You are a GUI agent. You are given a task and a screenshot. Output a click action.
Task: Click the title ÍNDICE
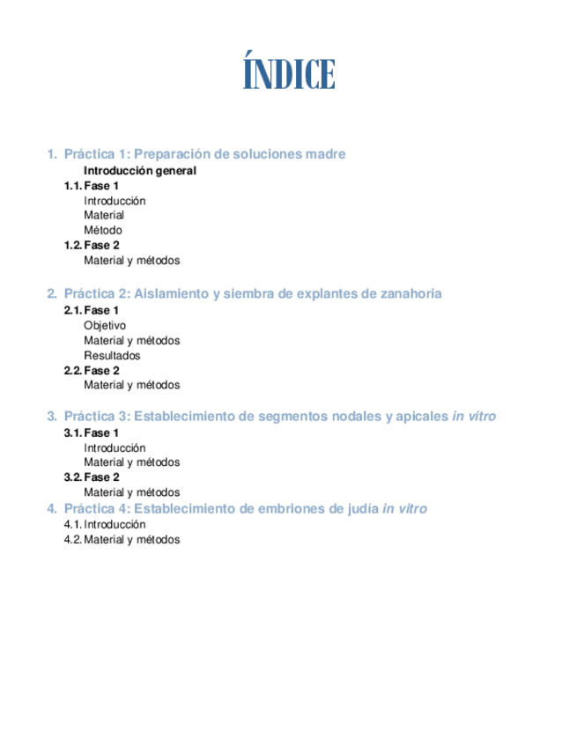point(288,75)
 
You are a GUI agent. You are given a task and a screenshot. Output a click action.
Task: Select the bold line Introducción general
point(139,171)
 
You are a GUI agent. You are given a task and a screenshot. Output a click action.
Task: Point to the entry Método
point(103,231)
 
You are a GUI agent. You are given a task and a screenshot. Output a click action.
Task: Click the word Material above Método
point(104,215)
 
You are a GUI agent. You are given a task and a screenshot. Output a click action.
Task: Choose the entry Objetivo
point(105,326)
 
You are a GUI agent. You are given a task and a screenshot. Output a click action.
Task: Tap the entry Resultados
point(112,356)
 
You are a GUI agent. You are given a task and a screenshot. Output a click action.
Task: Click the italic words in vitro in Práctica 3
point(474,416)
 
